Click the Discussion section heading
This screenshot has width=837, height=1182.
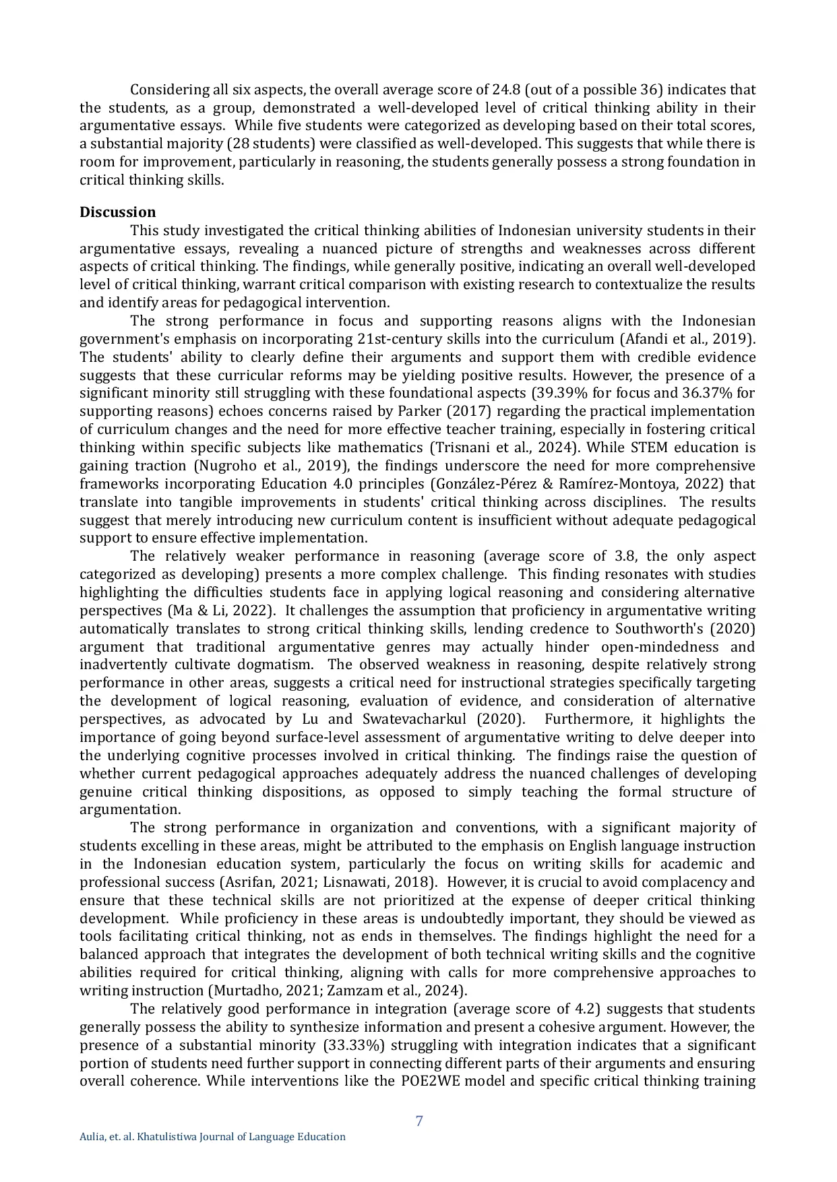click(x=117, y=212)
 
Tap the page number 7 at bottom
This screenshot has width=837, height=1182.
click(x=419, y=1121)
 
